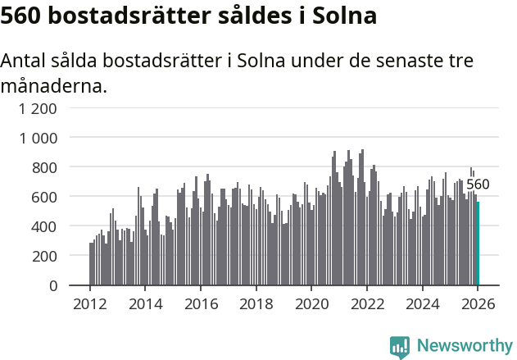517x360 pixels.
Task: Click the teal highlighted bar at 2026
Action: [x=478, y=244]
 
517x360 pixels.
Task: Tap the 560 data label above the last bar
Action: [x=478, y=185]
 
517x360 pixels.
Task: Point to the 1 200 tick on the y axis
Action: [x=39, y=108]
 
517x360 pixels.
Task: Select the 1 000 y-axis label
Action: [x=39, y=138]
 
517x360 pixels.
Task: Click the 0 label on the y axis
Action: [x=53, y=285]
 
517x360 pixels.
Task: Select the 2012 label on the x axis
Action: [x=90, y=304]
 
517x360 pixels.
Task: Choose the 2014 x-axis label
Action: [x=146, y=304]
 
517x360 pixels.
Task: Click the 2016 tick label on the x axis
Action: [x=201, y=304]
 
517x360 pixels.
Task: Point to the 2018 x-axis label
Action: [x=256, y=304]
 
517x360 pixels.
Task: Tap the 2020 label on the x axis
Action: [x=311, y=304]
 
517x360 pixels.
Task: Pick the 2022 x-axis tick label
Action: [x=367, y=304]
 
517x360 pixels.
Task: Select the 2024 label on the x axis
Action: [x=422, y=304]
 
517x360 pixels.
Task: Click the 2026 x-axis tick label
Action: [x=478, y=304]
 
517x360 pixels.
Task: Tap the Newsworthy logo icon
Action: [x=400, y=346]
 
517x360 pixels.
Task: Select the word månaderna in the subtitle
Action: [x=54, y=84]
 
